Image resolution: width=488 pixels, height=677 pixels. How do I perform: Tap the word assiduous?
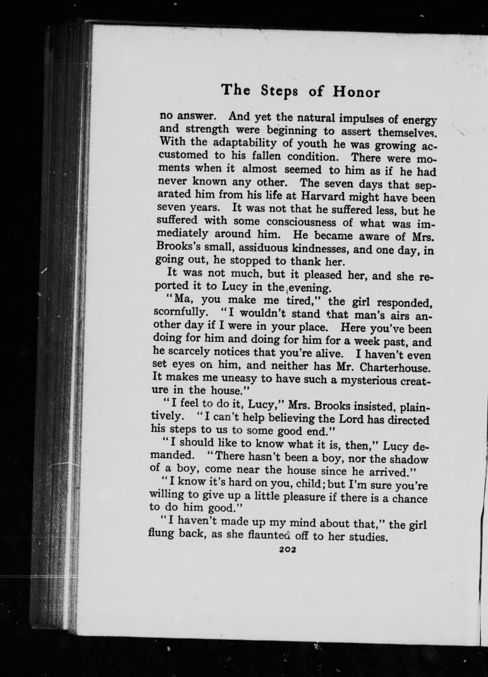tap(259, 248)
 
